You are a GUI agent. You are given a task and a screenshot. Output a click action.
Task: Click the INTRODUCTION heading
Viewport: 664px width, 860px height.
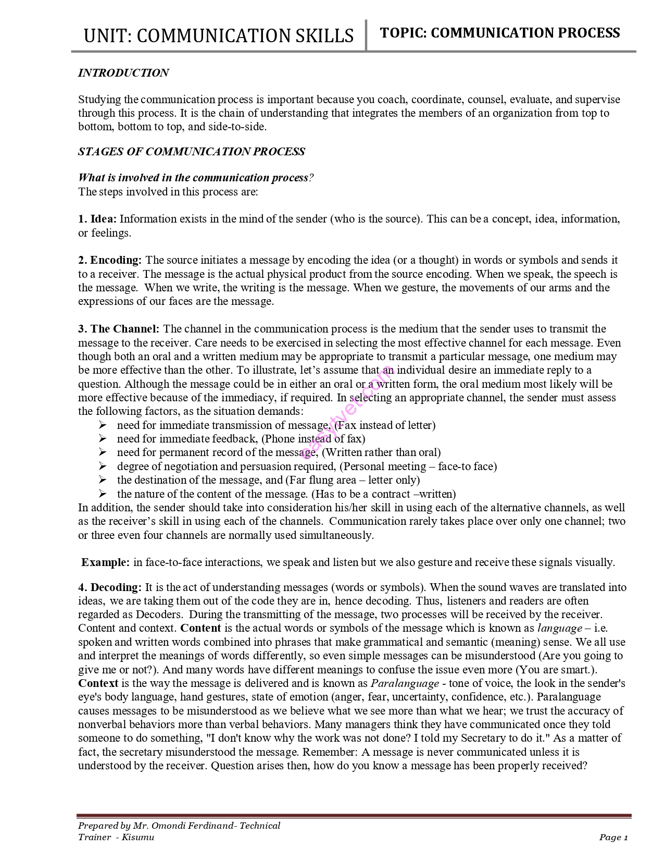(123, 73)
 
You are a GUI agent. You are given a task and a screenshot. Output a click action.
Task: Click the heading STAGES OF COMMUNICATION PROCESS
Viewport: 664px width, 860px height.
(191, 152)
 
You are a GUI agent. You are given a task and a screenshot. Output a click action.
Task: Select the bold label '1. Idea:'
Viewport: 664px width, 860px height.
(97, 219)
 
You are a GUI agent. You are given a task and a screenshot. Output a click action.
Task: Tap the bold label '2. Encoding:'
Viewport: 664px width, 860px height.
(110, 260)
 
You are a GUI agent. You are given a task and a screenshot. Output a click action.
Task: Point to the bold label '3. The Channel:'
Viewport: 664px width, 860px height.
(119, 329)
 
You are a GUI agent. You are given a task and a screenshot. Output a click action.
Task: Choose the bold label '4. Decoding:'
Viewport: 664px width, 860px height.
(110, 587)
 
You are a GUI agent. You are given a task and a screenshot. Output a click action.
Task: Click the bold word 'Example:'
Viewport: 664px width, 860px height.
(106, 562)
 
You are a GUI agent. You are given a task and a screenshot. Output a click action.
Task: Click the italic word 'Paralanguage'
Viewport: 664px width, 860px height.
(405, 683)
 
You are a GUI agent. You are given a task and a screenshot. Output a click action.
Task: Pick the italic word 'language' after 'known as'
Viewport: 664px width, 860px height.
(559, 629)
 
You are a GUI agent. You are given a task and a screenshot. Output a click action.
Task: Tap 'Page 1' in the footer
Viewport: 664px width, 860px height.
(613, 838)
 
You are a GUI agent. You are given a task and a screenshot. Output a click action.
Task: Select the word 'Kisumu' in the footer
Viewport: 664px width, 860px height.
(138, 838)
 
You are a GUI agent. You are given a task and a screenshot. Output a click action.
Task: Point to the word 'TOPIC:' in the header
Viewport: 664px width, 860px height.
(404, 33)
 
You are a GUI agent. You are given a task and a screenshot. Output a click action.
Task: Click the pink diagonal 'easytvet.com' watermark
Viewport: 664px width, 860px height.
(346, 412)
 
